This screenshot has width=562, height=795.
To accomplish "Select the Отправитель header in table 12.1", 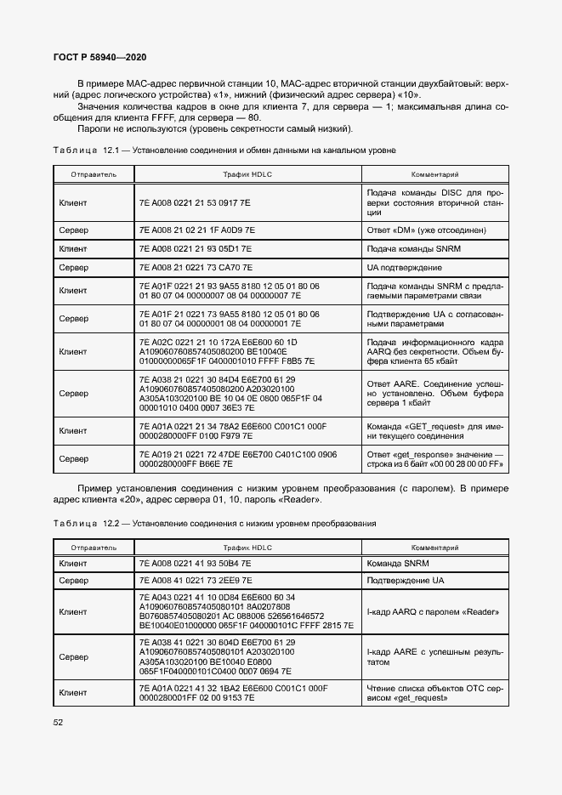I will coord(94,173).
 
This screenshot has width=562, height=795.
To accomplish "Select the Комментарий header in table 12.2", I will coord(434,547).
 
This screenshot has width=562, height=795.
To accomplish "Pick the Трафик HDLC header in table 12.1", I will coord(247,173).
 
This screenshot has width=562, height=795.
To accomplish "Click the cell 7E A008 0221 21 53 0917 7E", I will coord(195,204).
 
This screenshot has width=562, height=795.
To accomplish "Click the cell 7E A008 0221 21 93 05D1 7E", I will coord(195,248).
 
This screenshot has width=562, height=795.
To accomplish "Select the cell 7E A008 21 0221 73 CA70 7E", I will coord(195,267).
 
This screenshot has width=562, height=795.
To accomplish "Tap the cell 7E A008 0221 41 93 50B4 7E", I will coord(195,563).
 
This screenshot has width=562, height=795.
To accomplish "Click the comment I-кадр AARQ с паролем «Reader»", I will coord(432,611).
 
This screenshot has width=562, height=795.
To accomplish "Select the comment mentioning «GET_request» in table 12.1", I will coord(434,430).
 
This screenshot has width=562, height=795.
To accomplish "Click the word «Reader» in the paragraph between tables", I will coord(298,500).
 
